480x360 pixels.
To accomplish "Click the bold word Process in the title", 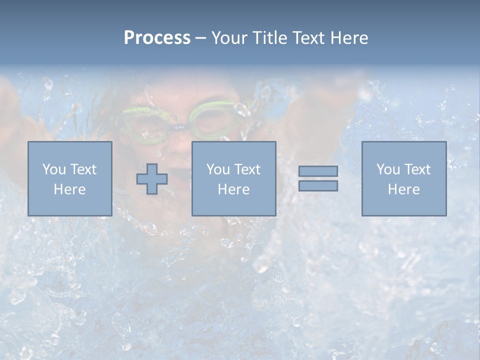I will [x=157, y=38].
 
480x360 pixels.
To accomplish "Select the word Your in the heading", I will [x=228, y=38].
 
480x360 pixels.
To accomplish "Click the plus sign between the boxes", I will [x=152, y=179].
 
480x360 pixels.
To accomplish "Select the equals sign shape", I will [x=318, y=178].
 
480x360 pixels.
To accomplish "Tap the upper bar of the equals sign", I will [x=318, y=171].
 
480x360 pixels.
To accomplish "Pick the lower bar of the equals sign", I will [x=318, y=186].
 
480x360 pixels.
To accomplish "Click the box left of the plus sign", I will [x=70, y=178].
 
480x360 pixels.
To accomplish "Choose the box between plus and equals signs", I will [x=233, y=178].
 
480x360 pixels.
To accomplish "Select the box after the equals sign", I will [x=404, y=178].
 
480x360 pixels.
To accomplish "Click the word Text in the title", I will [x=305, y=38].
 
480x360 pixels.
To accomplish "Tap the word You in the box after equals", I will [x=388, y=169].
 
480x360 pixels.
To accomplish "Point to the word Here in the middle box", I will [x=233, y=189].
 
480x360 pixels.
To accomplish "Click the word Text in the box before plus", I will [x=84, y=169].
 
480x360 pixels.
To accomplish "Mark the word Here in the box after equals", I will [x=404, y=189].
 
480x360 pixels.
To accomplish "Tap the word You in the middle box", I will [x=218, y=169].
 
